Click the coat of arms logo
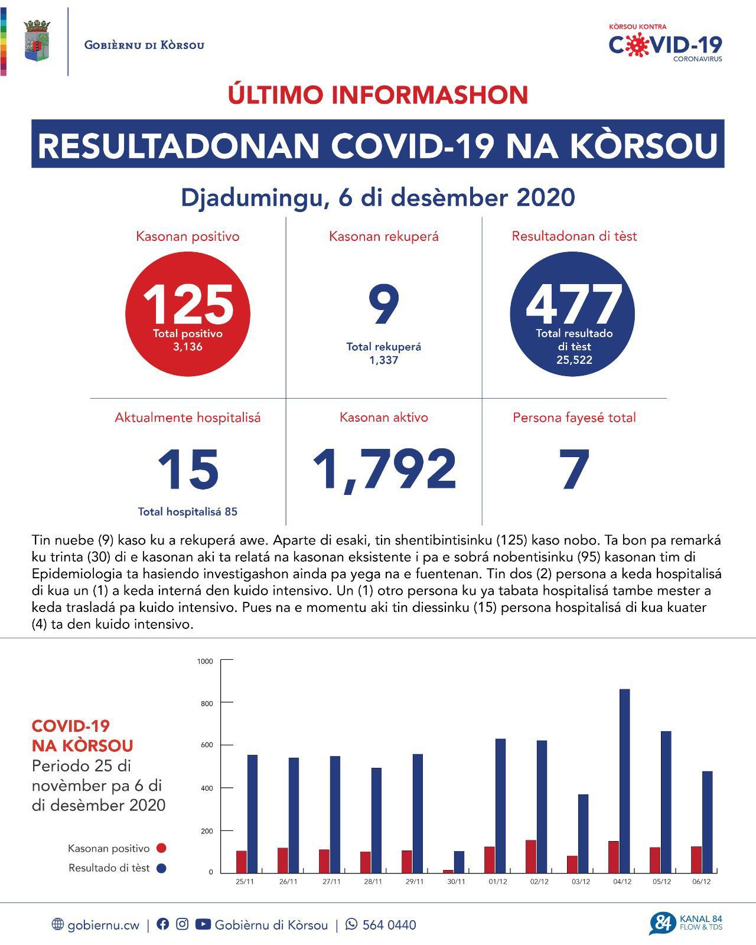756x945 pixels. [37, 41]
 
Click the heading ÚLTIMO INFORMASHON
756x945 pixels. [378, 95]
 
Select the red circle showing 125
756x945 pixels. [188, 314]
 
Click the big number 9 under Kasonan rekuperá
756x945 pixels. [383, 305]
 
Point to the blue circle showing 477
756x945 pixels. [572, 314]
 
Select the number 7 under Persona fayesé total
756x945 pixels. [574, 470]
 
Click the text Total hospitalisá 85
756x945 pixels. [188, 511]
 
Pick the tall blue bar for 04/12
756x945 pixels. [624, 780]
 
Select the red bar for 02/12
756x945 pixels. [531, 856]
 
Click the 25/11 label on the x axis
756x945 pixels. [245, 882]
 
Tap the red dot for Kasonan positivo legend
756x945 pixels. [161, 848]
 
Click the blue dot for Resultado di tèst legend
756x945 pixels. [161, 868]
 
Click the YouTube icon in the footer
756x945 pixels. [203, 924]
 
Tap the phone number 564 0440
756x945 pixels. [389, 925]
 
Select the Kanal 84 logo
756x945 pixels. [686, 923]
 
